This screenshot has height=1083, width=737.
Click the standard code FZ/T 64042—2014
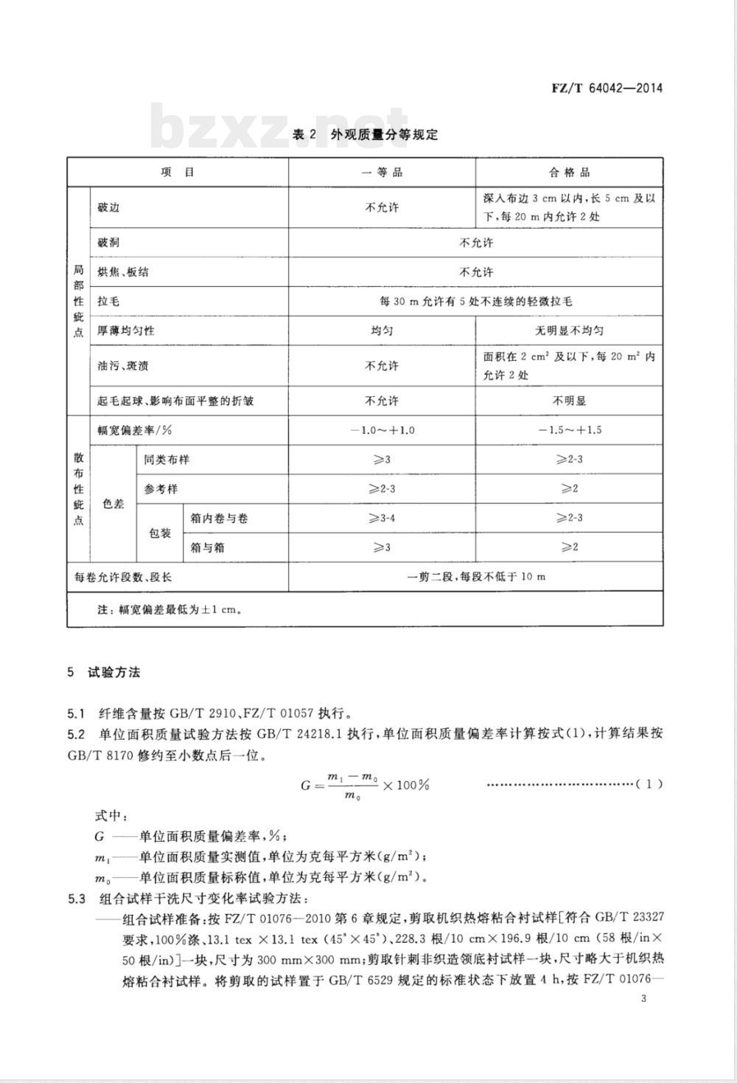607,89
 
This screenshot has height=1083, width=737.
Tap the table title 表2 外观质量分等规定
365,135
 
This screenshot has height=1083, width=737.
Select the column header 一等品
382,172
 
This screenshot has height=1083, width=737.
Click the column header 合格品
569,172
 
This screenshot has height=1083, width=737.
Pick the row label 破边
108,207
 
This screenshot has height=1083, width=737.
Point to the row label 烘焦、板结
123,272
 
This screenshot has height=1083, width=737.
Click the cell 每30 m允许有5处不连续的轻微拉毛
475,302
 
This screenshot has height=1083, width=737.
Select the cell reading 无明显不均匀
569,331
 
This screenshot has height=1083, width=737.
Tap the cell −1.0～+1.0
382,430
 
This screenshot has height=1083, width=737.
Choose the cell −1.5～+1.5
569,430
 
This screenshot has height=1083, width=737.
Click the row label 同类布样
167,460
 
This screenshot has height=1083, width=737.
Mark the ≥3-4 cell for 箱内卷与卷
382,518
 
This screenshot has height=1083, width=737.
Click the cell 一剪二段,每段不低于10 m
475,576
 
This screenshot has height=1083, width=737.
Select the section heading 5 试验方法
103,672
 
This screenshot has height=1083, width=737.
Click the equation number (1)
649,783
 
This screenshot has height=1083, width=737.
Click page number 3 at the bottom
644,999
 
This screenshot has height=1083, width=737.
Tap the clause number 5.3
77,899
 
